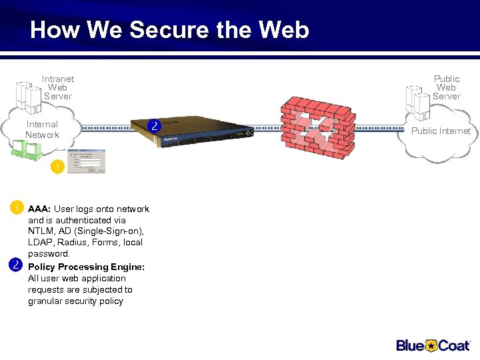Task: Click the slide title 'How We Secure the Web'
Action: (169, 30)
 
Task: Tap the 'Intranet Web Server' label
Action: (58, 87)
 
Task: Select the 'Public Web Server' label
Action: (446, 87)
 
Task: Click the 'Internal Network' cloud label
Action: (42, 129)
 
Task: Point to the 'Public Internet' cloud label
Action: (441, 131)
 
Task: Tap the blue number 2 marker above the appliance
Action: (155, 125)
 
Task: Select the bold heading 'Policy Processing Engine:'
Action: (86, 267)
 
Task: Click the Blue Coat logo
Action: (433, 345)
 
